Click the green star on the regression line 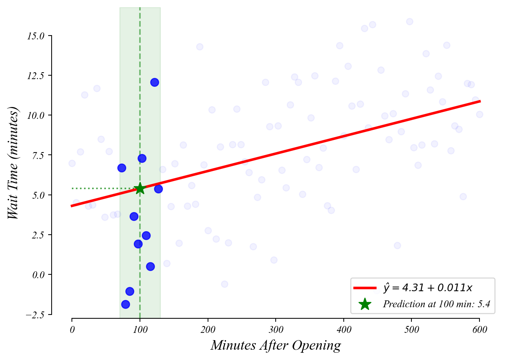point(140,188)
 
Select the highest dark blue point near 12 point(154,82)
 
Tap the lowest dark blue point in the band point(125,304)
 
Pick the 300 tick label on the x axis point(276,330)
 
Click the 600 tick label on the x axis point(479,330)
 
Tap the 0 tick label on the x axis point(72,330)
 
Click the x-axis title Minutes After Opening point(276,345)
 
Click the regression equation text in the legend point(428,288)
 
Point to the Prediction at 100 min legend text point(436,304)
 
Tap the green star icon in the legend point(365,304)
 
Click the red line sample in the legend point(365,288)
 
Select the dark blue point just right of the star point(158,189)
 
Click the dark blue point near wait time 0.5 point(150,266)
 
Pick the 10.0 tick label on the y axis point(36,115)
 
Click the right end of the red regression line point(479,101)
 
